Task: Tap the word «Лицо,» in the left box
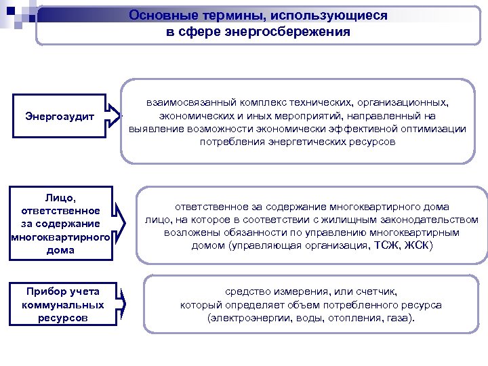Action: tap(61, 197)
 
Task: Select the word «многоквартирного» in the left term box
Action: tap(60, 237)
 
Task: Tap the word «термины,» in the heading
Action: tap(221, 16)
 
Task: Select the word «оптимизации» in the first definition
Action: tap(434, 129)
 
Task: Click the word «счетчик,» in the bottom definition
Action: tap(377, 291)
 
